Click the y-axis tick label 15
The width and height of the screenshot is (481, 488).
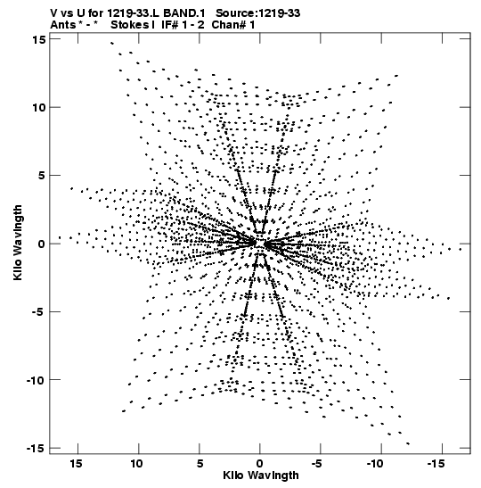[38, 39]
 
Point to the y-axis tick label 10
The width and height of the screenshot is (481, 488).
[39, 107]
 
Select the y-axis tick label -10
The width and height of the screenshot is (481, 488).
[36, 380]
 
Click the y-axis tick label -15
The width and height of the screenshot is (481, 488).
[36, 448]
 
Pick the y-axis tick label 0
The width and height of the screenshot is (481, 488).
[42, 244]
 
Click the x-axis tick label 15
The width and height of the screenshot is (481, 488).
[76, 464]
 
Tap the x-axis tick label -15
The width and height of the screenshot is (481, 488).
[436, 464]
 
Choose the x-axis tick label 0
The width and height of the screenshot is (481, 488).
[260, 464]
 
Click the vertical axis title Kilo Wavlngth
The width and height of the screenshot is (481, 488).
[18, 243]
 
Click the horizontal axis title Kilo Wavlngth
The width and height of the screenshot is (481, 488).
[261, 476]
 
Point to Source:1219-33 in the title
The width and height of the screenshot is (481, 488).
[258, 13]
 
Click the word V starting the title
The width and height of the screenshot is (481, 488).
[53, 13]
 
